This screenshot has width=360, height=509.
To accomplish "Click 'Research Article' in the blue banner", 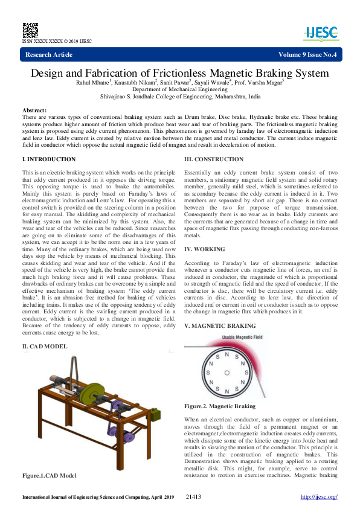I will pos(49,55).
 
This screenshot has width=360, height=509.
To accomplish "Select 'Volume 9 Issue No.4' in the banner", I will pos(307,55).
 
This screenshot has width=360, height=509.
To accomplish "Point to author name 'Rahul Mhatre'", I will pos(92,82).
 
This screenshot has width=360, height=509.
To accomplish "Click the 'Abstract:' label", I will pos(34,110).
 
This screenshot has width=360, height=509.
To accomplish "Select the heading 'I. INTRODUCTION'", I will pos(49,159).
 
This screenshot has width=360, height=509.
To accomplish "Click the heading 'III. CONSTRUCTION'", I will pos(214,159).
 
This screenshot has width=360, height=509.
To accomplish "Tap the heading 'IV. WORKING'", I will pos(204,248).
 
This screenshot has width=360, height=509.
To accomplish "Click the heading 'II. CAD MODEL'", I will pos(45,347).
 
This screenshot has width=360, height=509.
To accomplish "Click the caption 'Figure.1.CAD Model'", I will pos(50,476).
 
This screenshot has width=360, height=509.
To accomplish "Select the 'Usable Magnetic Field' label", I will pos(226,337).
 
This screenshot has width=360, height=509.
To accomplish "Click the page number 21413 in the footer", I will pos(194,497).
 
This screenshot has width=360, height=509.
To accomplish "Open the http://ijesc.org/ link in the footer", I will pos(318,497).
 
